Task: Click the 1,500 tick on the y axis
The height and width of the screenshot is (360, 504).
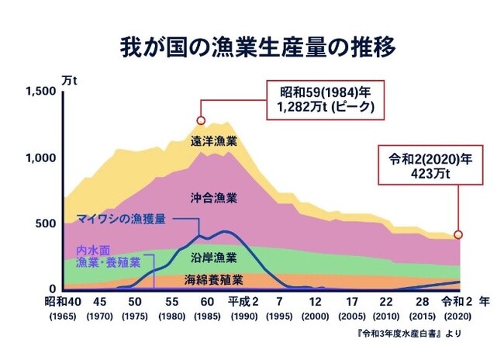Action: pyautogui.click(x=40, y=92)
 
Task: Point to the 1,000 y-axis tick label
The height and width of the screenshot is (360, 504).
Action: pyautogui.click(x=40, y=157)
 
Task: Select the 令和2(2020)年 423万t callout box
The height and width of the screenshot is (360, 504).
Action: pyautogui.click(x=419, y=166)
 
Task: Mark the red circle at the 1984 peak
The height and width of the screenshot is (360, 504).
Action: pyautogui.click(x=201, y=120)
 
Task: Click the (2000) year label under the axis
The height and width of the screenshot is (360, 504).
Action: pyautogui.click(x=315, y=316)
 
